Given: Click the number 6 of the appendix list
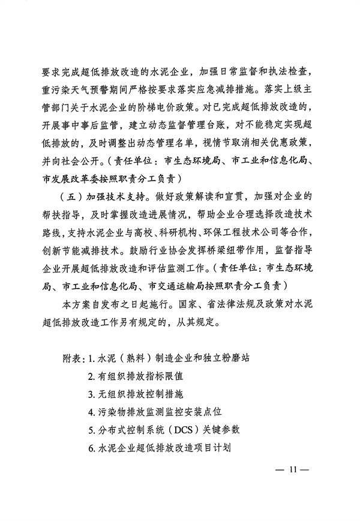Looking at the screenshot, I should [x=90, y=447].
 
